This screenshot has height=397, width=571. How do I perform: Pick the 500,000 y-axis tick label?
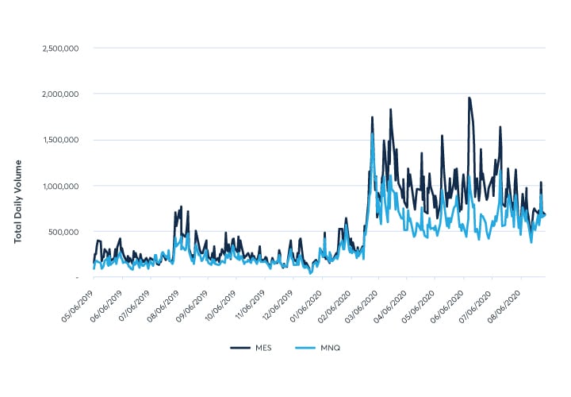(62, 232)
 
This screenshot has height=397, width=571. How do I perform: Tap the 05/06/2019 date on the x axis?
(78, 300)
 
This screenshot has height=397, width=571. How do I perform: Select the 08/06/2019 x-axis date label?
(163, 300)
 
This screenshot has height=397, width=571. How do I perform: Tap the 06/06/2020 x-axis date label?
(449, 300)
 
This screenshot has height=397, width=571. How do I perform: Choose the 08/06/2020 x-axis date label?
(506, 300)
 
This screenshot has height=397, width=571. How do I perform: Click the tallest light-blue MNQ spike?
(372, 133)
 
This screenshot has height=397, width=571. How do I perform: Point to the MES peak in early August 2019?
(181, 207)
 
